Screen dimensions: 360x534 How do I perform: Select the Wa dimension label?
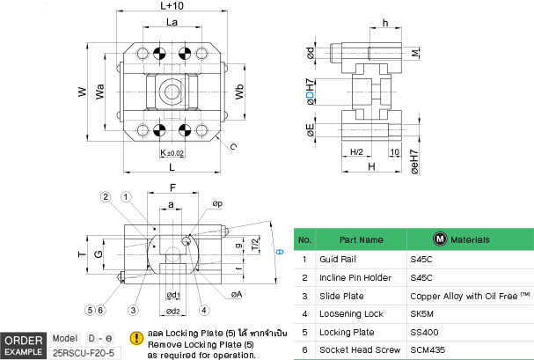click(x=101, y=91)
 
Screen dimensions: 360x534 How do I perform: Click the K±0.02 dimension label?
click(x=172, y=153)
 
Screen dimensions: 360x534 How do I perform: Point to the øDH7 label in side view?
click(x=309, y=92)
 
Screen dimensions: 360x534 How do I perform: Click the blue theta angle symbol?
click(x=279, y=253)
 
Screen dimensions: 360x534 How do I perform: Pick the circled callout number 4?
click(x=204, y=309)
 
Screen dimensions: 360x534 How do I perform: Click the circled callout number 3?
click(x=133, y=309)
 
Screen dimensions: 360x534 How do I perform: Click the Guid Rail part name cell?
click(x=336, y=260)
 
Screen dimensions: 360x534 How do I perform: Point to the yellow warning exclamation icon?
click(x=136, y=337)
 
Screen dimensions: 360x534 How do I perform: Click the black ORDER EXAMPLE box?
click(x=24, y=345)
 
